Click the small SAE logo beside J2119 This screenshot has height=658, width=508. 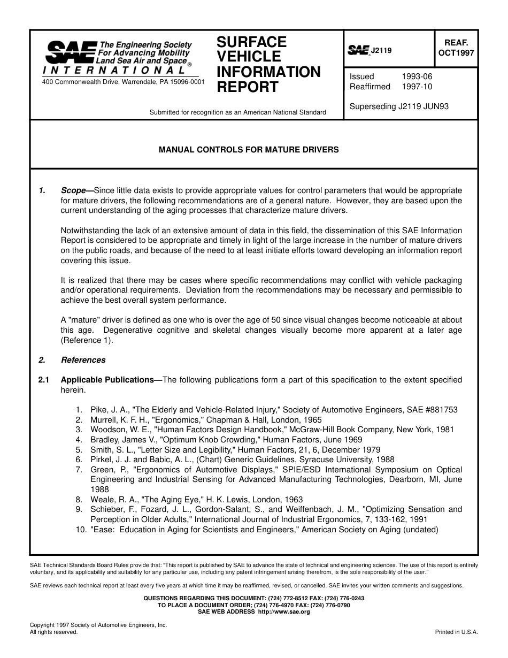tap(359, 50)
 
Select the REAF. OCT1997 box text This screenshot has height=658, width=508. tap(456, 47)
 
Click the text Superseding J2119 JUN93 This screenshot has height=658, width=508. tap(399, 106)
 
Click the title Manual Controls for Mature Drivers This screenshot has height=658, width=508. tap(249, 150)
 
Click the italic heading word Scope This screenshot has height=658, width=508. tap(73, 190)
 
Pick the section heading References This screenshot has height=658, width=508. tap(83, 360)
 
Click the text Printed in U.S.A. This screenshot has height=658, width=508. tap(456, 632)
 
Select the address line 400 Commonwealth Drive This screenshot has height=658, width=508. tap(123, 82)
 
